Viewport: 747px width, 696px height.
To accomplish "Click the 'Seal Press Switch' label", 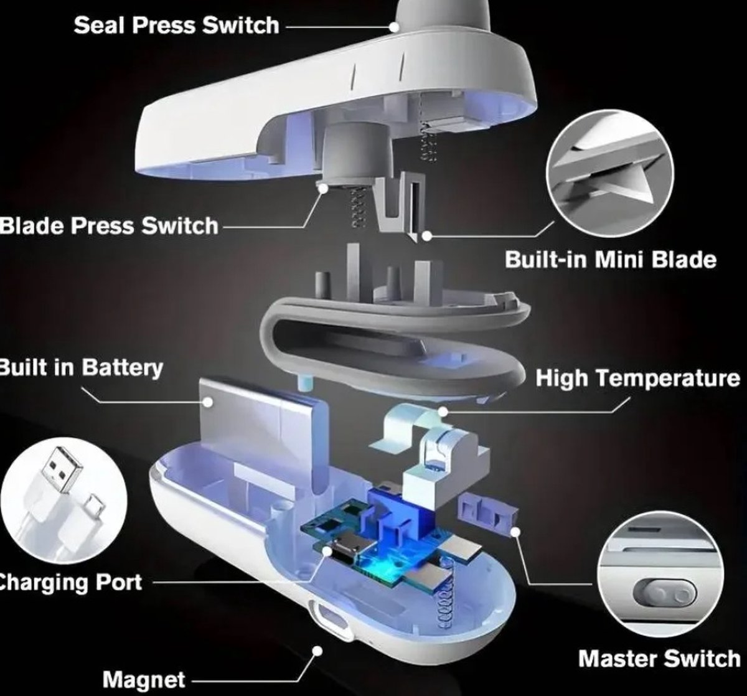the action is (x=176, y=26).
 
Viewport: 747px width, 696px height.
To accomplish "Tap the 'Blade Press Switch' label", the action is (x=109, y=226).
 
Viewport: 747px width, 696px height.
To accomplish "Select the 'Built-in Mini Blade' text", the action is (x=611, y=260).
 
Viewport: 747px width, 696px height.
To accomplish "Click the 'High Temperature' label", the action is (x=637, y=378).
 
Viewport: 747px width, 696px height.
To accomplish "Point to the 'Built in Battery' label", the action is (x=81, y=367).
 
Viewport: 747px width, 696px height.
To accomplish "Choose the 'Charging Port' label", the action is (x=71, y=582).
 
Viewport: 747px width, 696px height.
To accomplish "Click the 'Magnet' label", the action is (x=144, y=679).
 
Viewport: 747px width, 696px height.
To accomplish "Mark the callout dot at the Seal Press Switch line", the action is (x=394, y=27).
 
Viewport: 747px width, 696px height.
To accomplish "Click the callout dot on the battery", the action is (x=208, y=402).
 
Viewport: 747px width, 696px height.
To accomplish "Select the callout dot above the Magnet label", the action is (x=317, y=651).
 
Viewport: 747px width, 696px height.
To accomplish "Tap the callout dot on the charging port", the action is (x=327, y=552).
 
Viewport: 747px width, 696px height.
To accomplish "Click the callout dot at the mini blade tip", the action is (x=426, y=236).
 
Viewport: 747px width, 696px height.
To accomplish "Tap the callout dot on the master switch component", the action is (x=515, y=532).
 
